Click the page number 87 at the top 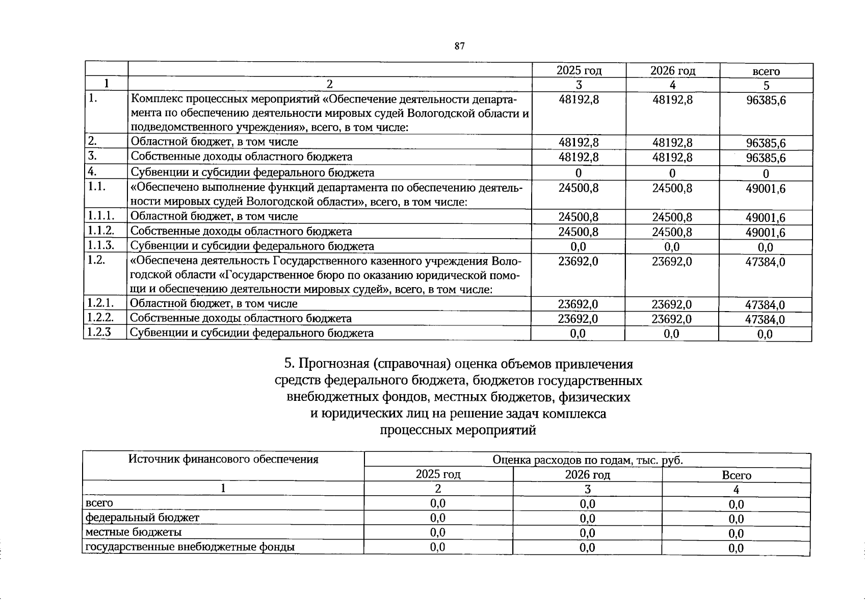[459, 46]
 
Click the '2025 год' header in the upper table [579, 70]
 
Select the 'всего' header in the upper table [766, 71]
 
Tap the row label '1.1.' [97, 187]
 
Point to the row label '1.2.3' [99, 332]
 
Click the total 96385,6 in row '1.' [766, 100]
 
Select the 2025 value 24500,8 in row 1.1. [579, 188]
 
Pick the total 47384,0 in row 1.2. [765, 262]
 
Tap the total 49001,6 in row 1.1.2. [766, 233]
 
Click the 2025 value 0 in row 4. [579, 173]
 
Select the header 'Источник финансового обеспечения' [223, 460]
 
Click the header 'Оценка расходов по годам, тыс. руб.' [587, 461]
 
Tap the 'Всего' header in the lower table [736, 475]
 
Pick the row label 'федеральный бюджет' [142, 518]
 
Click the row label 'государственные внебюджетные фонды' [190, 547]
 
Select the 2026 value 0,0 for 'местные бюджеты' [587, 533]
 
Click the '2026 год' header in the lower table [587, 475]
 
